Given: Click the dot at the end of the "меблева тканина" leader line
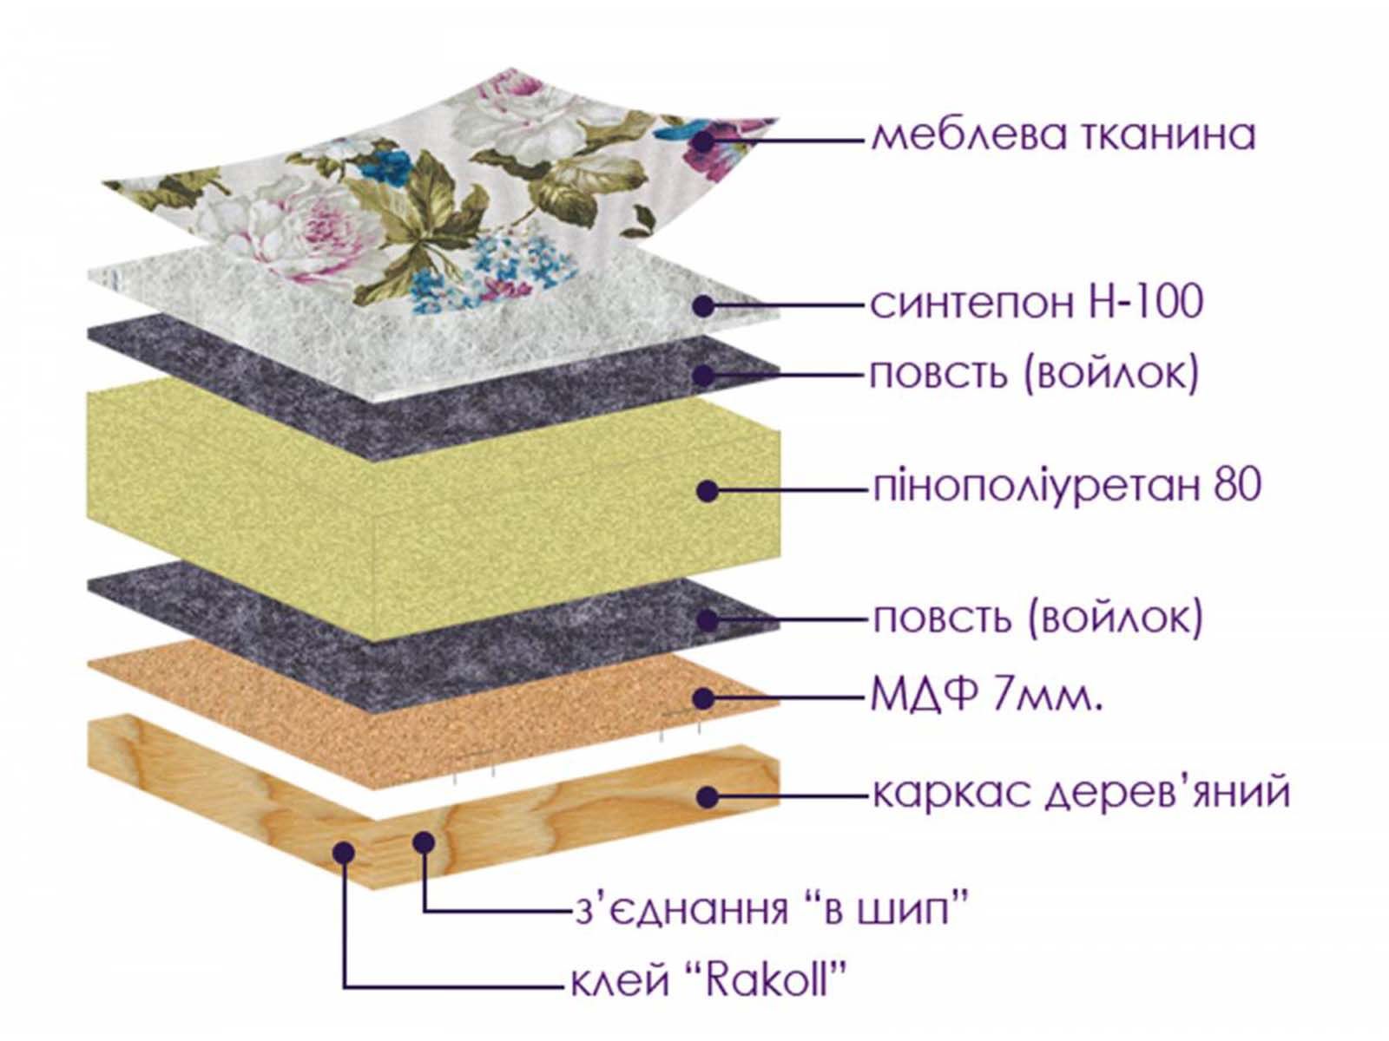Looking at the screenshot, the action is pyautogui.click(x=702, y=141).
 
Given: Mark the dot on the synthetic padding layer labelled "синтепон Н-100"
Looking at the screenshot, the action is pyautogui.click(x=704, y=306).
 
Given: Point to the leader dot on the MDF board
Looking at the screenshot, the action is pyautogui.click(x=704, y=698).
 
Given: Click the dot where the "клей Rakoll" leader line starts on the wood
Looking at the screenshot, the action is pyautogui.click(x=344, y=853).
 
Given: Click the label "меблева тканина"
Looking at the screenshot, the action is pyautogui.click(x=1063, y=136).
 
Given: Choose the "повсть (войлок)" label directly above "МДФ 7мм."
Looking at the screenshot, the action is pyautogui.click(x=1037, y=619).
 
